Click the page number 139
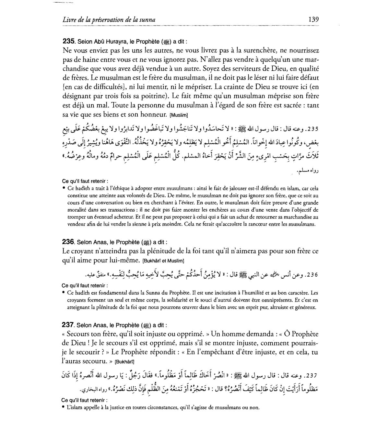tap(313, 19)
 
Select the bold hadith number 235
tap(68, 41)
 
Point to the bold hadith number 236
tap(68, 242)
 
